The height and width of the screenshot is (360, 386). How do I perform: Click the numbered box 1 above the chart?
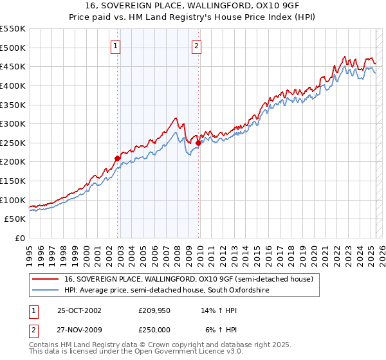pyautogui.click(x=115, y=45)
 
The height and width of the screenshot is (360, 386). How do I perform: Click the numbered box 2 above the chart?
pyautogui.click(x=196, y=45)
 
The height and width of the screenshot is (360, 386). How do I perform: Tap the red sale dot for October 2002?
pyautogui.click(x=117, y=157)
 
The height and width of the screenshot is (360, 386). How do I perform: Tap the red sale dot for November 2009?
pyautogui.click(x=199, y=143)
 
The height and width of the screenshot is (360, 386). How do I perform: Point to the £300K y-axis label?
pyautogui.click(x=13, y=123)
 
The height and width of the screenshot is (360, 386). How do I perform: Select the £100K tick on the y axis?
pyautogui.click(x=13, y=200)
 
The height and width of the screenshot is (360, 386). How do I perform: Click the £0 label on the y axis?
pyautogui.click(x=20, y=238)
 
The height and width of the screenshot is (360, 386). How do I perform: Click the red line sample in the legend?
pyautogui.click(x=44, y=280)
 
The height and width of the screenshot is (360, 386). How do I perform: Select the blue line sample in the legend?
pyautogui.click(x=44, y=291)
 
